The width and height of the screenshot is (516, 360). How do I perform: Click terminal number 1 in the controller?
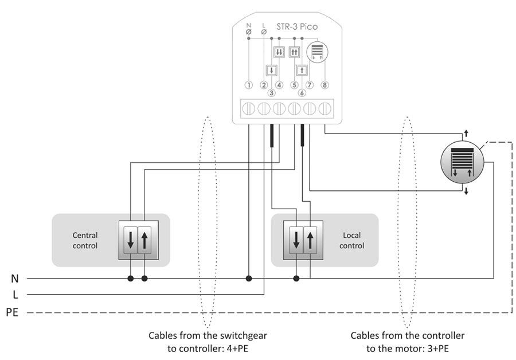248,85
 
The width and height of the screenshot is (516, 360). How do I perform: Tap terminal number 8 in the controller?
325,85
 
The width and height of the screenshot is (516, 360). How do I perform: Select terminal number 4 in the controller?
279,85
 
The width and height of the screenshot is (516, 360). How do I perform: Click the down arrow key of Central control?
131,240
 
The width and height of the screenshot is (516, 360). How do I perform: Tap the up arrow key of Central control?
144,240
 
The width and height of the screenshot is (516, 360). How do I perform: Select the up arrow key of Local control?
310,240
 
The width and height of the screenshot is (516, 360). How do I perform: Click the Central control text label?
85,240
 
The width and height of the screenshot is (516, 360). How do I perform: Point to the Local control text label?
351,240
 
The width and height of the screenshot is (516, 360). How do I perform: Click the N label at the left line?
15,279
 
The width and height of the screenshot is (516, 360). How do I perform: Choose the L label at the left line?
15,295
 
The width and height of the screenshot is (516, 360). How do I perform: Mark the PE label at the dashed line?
13,312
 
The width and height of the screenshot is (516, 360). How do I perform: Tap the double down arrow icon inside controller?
279,52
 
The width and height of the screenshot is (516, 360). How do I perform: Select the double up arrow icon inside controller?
295,52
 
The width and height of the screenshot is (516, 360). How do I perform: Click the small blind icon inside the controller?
317,52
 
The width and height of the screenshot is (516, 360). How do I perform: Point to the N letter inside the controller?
248,26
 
